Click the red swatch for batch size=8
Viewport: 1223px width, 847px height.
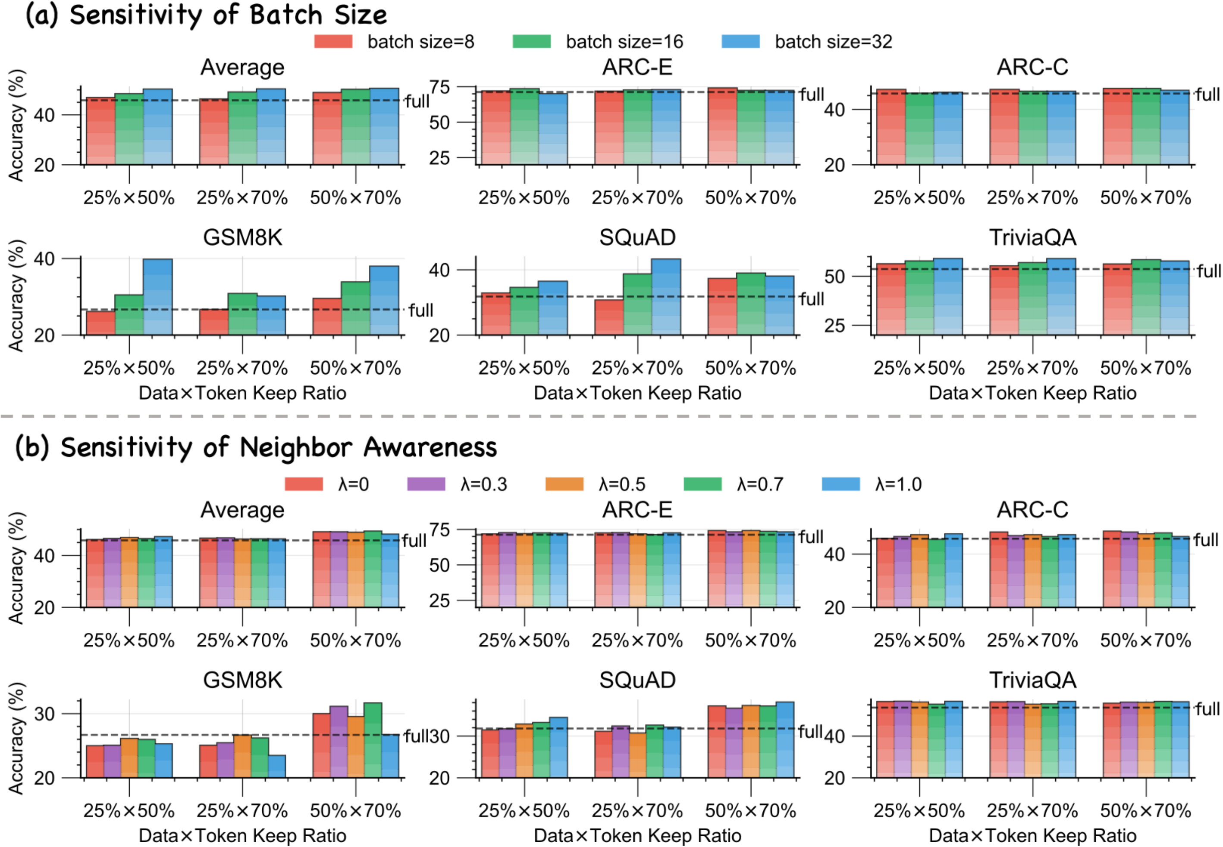tap(333, 41)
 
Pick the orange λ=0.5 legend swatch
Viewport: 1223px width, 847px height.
tap(564, 484)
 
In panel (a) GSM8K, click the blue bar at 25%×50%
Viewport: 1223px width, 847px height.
tap(158, 297)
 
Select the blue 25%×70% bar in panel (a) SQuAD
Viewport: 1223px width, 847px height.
tap(666, 297)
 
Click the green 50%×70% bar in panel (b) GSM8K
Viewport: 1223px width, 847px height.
tap(373, 741)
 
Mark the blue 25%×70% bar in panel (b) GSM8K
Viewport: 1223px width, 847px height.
tap(276, 766)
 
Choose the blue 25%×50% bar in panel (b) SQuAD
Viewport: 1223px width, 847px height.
tap(558, 747)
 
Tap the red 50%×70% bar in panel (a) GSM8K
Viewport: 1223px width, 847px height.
tap(327, 317)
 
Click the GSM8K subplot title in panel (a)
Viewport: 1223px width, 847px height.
tap(243, 237)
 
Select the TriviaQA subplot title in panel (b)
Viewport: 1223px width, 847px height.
tap(1032, 680)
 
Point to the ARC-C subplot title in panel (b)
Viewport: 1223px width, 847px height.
tap(1032, 509)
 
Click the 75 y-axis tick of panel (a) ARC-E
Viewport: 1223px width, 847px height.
tap(439, 87)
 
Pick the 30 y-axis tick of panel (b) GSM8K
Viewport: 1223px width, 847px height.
tap(44, 714)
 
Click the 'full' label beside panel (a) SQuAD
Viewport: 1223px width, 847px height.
tap(812, 299)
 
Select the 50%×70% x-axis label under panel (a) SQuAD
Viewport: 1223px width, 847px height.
tap(750, 368)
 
